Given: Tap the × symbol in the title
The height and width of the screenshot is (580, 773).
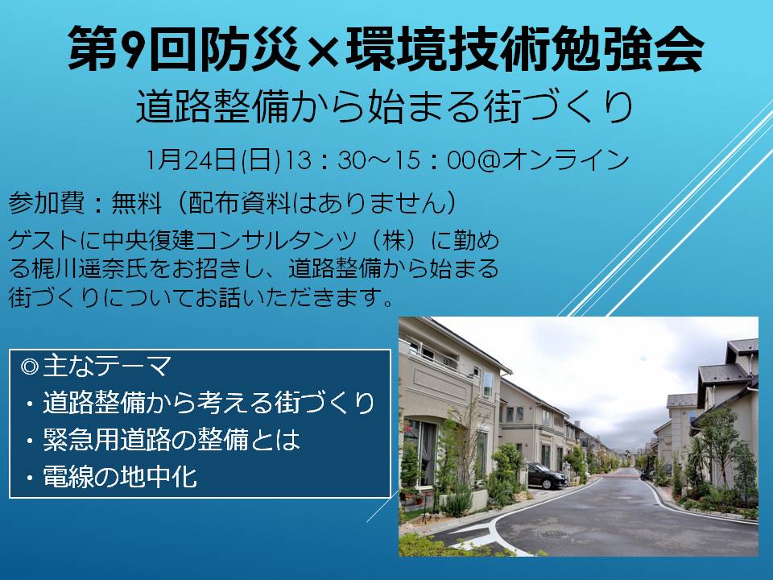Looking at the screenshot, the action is pos(323,50).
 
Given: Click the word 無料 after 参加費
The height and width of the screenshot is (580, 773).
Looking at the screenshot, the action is pos(137,202).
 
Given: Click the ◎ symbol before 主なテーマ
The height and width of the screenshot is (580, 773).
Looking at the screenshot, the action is pos(30,367).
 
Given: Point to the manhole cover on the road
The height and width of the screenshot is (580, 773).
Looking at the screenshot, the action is pos(553,534).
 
